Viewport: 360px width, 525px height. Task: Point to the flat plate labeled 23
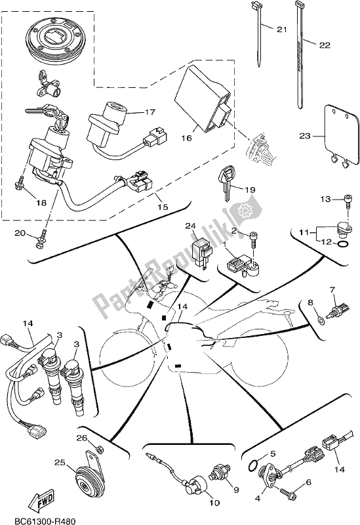coord(342,135)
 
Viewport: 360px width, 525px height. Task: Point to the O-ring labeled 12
coord(342,247)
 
